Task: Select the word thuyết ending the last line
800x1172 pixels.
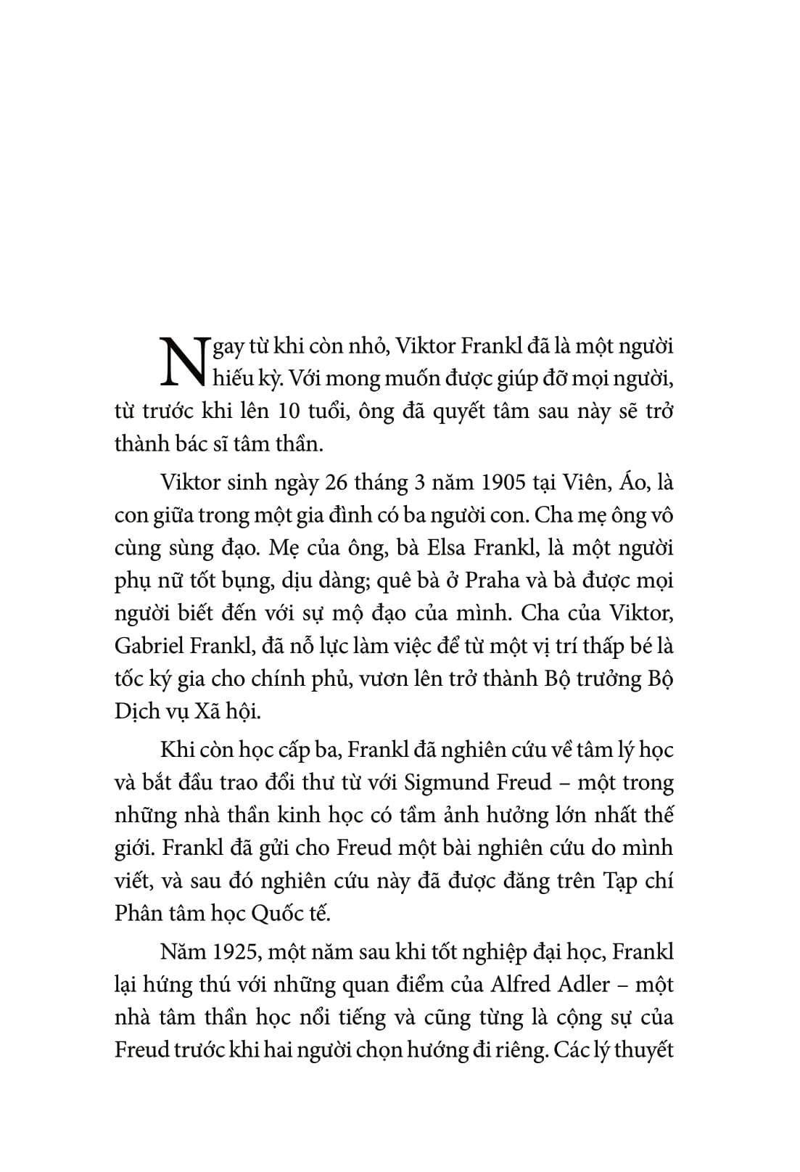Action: click(x=642, y=1050)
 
